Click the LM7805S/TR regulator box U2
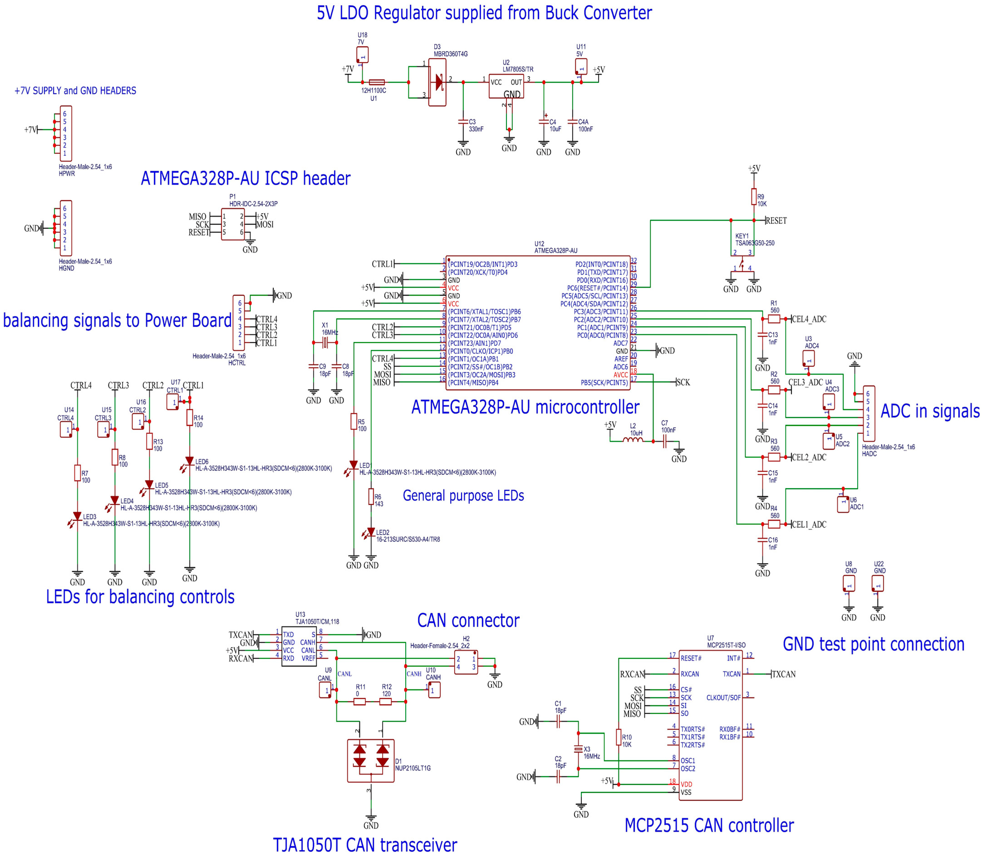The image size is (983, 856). (x=506, y=86)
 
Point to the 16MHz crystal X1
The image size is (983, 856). (x=325, y=343)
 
